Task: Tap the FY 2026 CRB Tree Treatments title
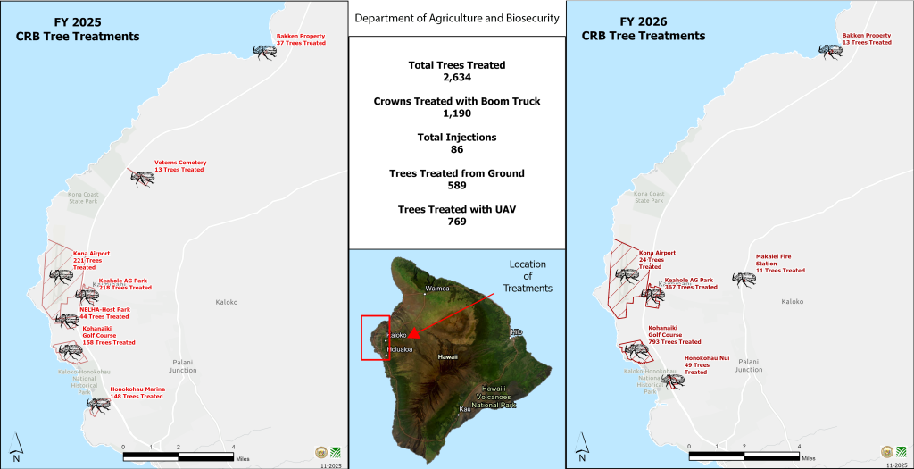[644, 29]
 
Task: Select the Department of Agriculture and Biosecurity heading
[456, 18]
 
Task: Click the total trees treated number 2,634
[456, 78]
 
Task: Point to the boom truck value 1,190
[456, 113]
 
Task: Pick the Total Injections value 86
[456, 149]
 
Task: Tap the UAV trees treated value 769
[456, 222]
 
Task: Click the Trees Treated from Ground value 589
[456, 185]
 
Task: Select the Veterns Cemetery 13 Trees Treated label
[179, 166]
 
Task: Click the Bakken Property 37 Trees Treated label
[300, 39]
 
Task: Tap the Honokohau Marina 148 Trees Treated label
[137, 392]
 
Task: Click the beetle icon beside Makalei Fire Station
[742, 279]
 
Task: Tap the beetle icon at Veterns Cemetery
[142, 177]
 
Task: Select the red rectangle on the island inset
[375, 337]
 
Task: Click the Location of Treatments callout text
[528, 276]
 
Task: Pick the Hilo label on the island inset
[515, 331]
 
